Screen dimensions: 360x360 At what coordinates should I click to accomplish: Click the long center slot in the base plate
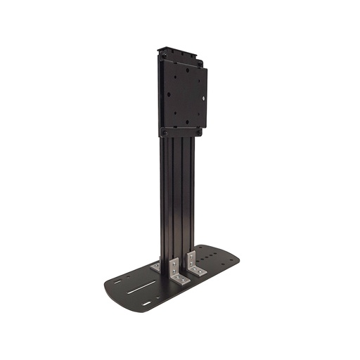click(144, 285)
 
